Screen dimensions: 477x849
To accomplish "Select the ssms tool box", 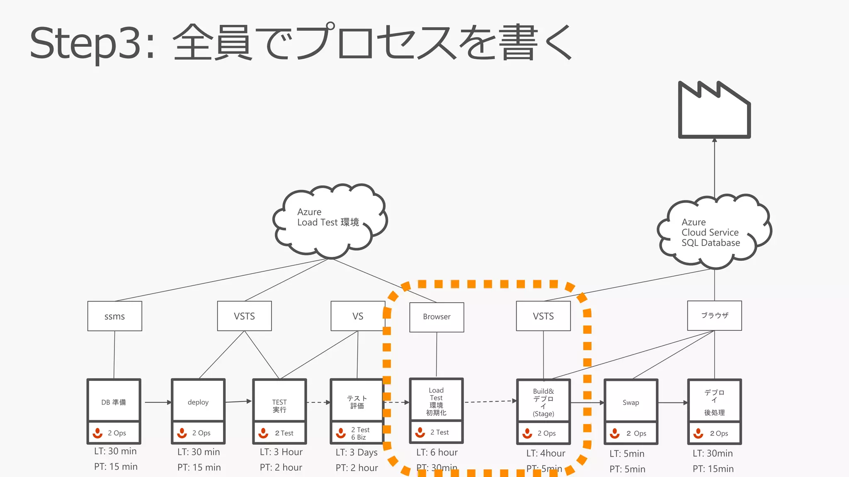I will pyautogui.click(x=114, y=316).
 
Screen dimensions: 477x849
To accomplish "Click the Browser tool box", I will pyautogui.click(x=437, y=317).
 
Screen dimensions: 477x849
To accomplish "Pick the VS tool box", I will pyautogui.click(x=357, y=316).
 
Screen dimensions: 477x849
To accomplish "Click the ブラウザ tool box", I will pyautogui.click(x=714, y=316).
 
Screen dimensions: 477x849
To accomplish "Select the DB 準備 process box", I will pyautogui.click(x=114, y=402).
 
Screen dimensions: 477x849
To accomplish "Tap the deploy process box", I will pyautogui.click(x=198, y=402).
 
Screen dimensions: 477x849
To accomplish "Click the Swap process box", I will pyautogui.click(x=631, y=402).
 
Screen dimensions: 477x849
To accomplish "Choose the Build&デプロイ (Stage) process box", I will pyautogui.click(x=543, y=402).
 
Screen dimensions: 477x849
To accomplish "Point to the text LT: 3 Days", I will pyautogui.click(x=357, y=452).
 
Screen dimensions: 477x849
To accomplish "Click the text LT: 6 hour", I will pyautogui.click(x=437, y=452).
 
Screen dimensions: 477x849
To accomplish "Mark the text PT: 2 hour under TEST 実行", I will pyautogui.click(x=281, y=467).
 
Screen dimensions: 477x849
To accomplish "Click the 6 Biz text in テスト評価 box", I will pyautogui.click(x=359, y=437).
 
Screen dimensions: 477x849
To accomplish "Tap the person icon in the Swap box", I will pyautogui.click(x=615, y=433).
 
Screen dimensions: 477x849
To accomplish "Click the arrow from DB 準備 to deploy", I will pyautogui.click(x=158, y=402).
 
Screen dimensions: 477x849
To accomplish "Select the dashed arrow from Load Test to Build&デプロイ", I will pyautogui.click(x=490, y=401).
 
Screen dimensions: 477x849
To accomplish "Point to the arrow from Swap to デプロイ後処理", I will pyautogui.click(x=673, y=402).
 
